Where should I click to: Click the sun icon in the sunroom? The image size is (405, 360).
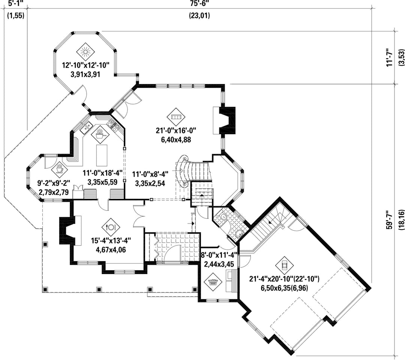point(85,52)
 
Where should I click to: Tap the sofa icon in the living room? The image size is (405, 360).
point(176,117)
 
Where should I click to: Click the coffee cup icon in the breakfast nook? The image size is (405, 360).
point(60,169)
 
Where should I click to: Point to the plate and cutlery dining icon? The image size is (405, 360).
point(111,227)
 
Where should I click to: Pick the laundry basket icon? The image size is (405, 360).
point(213,282)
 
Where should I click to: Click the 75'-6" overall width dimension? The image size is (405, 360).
point(199,4)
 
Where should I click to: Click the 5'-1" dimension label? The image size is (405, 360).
point(15,4)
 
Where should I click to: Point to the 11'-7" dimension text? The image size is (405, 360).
point(390,58)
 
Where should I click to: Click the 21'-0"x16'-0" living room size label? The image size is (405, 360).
point(176,131)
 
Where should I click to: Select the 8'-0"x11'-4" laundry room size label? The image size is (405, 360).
point(219,255)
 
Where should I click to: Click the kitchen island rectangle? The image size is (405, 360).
point(102,156)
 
